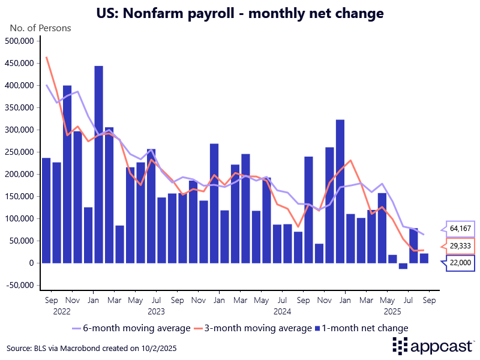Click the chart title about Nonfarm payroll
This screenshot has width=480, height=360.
(240, 12)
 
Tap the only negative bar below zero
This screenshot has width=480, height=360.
(403, 266)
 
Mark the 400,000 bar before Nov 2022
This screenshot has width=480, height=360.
(67, 174)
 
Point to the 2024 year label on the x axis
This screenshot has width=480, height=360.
(282, 311)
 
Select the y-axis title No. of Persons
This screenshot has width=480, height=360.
(40, 28)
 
